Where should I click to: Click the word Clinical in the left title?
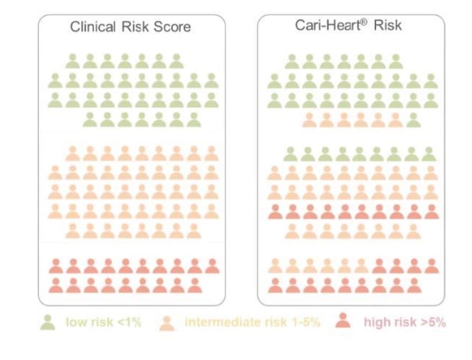pos(91,27)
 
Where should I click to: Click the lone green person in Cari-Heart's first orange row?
pos(413,120)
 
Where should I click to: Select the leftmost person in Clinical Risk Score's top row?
pos(72,61)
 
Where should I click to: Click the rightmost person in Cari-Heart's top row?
pos(396,61)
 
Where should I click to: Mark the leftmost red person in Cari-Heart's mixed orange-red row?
pos(379,266)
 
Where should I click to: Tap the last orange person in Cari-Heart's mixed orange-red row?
pos(361,266)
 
